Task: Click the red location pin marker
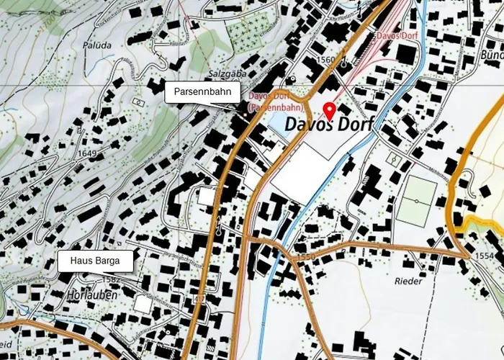330,111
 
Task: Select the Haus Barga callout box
96,261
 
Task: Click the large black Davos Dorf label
329,125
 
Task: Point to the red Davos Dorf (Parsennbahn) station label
274,102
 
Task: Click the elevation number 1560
325,60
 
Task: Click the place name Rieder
410,281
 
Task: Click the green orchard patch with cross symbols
248,29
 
